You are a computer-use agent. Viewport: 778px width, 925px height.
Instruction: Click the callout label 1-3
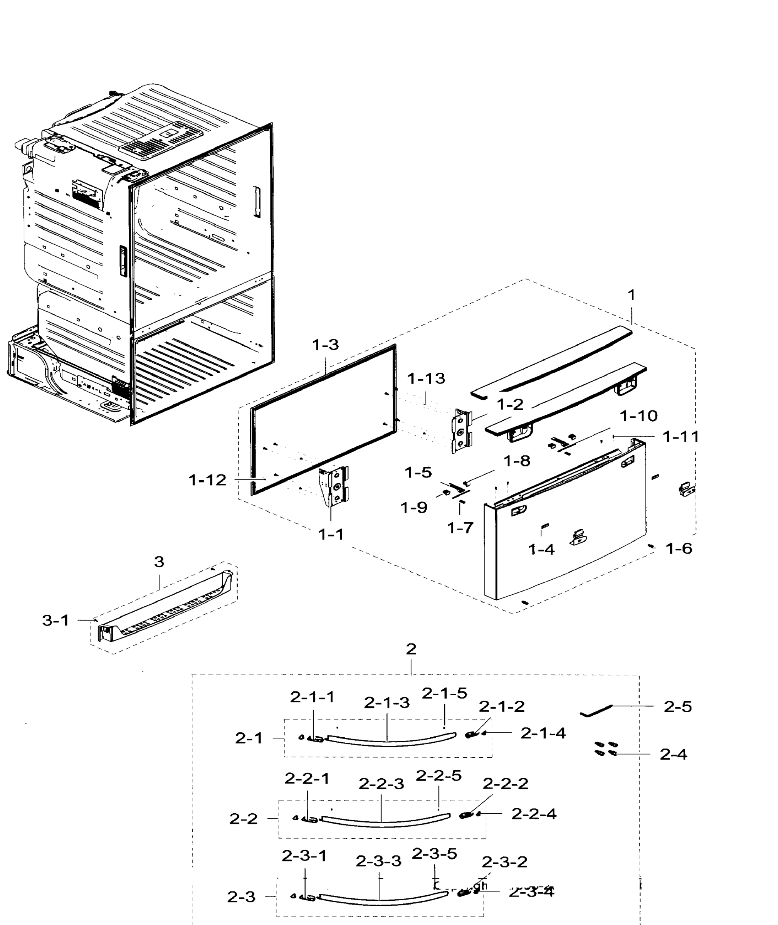[326, 345]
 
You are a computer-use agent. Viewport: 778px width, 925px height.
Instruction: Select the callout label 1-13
[426, 378]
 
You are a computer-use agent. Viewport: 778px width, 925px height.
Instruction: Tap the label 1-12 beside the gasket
[207, 480]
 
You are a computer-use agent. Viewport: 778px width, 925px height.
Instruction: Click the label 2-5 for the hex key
[678, 707]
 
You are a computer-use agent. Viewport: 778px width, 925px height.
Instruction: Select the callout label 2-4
[674, 754]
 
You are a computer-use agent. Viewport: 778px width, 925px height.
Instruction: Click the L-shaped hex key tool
[596, 711]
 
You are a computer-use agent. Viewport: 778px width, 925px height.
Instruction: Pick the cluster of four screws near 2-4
[605, 748]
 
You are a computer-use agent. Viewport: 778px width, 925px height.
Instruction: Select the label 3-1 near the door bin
[56, 620]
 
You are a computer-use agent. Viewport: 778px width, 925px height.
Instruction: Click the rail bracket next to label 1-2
[461, 430]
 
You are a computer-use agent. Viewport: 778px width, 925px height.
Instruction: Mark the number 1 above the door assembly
[632, 295]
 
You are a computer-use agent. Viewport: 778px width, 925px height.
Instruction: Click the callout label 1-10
[639, 415]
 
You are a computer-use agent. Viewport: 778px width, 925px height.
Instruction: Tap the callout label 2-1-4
[543, 733]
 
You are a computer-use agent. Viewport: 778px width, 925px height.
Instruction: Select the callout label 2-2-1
[307, 779]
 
